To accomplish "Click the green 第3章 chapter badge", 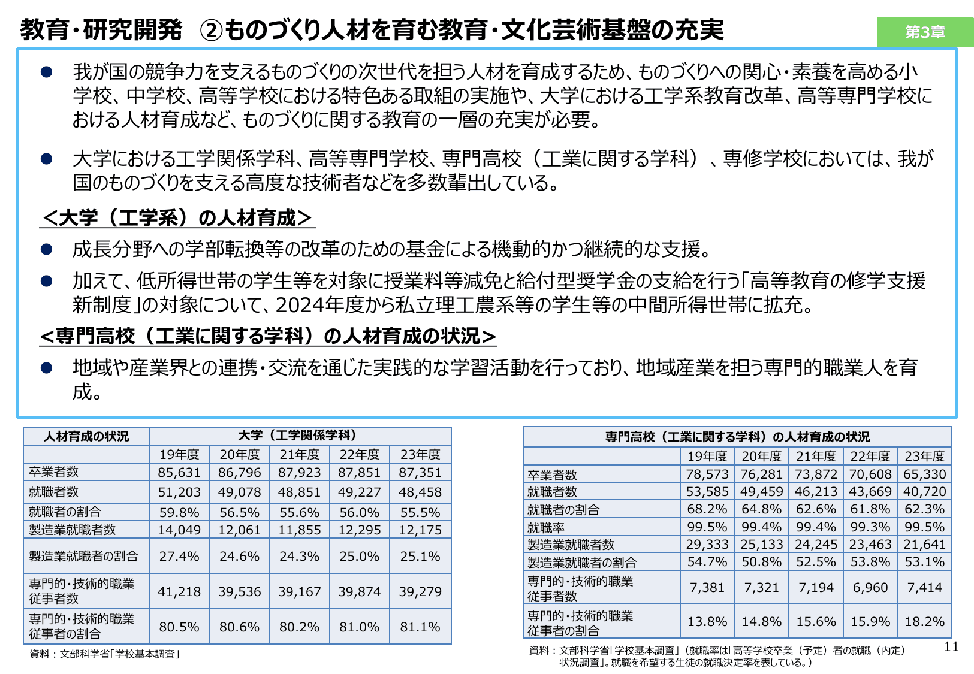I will (x=925, y=32).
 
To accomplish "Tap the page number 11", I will (x=951, y=646).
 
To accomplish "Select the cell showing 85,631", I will (x=179, y=472).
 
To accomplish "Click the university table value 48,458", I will (x=420, y=492).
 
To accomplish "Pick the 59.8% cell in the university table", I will (x=179, y=512).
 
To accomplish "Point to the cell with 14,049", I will (x=179, y=530).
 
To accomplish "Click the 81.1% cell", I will (x=420, y=627).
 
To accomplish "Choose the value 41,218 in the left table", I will (x=179, y=591).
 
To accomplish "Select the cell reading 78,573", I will (x=707, y=474).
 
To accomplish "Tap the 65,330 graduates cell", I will (x=925, y=474).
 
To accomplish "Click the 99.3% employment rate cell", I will (x=870, y=527).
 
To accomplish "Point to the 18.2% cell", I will (x=925, y=621).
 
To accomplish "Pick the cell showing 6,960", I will (x=870, y=587).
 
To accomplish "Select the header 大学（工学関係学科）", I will (x=300, y=436).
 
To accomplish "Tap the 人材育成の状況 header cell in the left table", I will (x=86, y=436).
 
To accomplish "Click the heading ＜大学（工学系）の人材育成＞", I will (x=177, y=218).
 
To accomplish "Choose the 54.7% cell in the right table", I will (x=707, y=562).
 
